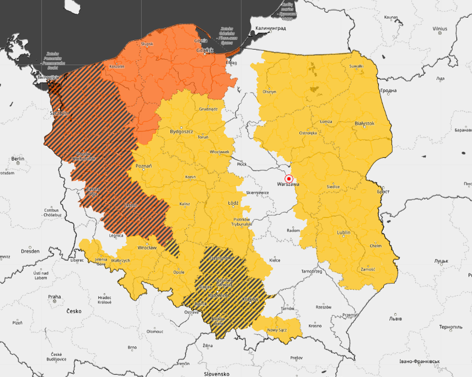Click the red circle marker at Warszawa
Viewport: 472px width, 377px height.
pyautogui.click(x=288, y=179)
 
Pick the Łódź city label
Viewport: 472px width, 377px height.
pyautogui.click(x=233, y=203)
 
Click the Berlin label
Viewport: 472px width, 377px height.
pyautogui.click(x=18, y=159)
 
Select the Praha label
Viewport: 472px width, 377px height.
pyautogui.click(x=53, y=297)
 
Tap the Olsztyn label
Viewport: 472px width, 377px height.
pyautogui.click(x=269, y=92)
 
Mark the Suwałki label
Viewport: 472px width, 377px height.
pyautogui.click(x=356, y=66)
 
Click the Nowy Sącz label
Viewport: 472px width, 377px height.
pyautogui.click(x=278, y=330)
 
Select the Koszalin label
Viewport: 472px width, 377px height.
pyautogui.click(x=117, y=66)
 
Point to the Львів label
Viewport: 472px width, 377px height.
pyautogui.click(x=396, y=318)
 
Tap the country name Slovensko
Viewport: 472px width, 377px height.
pyautogui.click(x=216, y=374)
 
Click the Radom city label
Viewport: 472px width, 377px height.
pyautogui.click(x=294, y=230)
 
